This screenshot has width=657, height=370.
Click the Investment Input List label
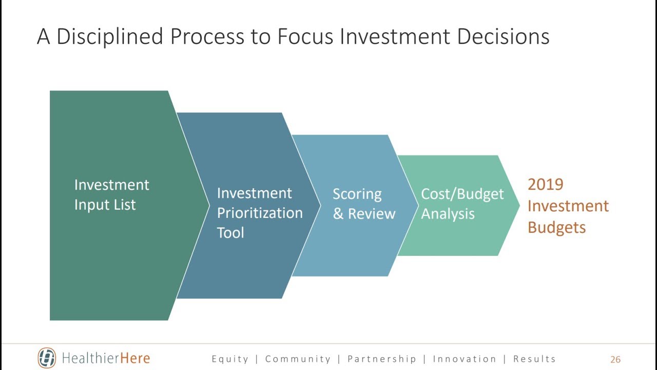coord(111,195)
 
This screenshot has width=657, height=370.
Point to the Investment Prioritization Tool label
coord(259,213)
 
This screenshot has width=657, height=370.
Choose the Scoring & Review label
coord(363,204)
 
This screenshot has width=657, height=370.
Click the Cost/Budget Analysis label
coord(462,204)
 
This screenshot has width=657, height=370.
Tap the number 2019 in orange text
coord(545,184)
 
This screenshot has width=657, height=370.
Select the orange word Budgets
coord(556,228)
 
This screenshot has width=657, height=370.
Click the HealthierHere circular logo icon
coord(47,358)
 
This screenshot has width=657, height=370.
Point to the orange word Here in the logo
coord(135,358)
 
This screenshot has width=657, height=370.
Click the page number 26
coord(615,360)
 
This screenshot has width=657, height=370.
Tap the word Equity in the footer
coord(230,359)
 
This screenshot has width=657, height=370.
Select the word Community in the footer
coord(298,359)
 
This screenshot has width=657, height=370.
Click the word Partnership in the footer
coord(381,359)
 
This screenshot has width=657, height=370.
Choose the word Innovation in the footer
coord(465,359)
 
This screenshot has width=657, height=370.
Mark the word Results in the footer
coord(534,359)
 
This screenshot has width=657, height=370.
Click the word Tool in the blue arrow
coord(230,233)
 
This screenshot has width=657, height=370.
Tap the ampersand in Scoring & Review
coord(338,214)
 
